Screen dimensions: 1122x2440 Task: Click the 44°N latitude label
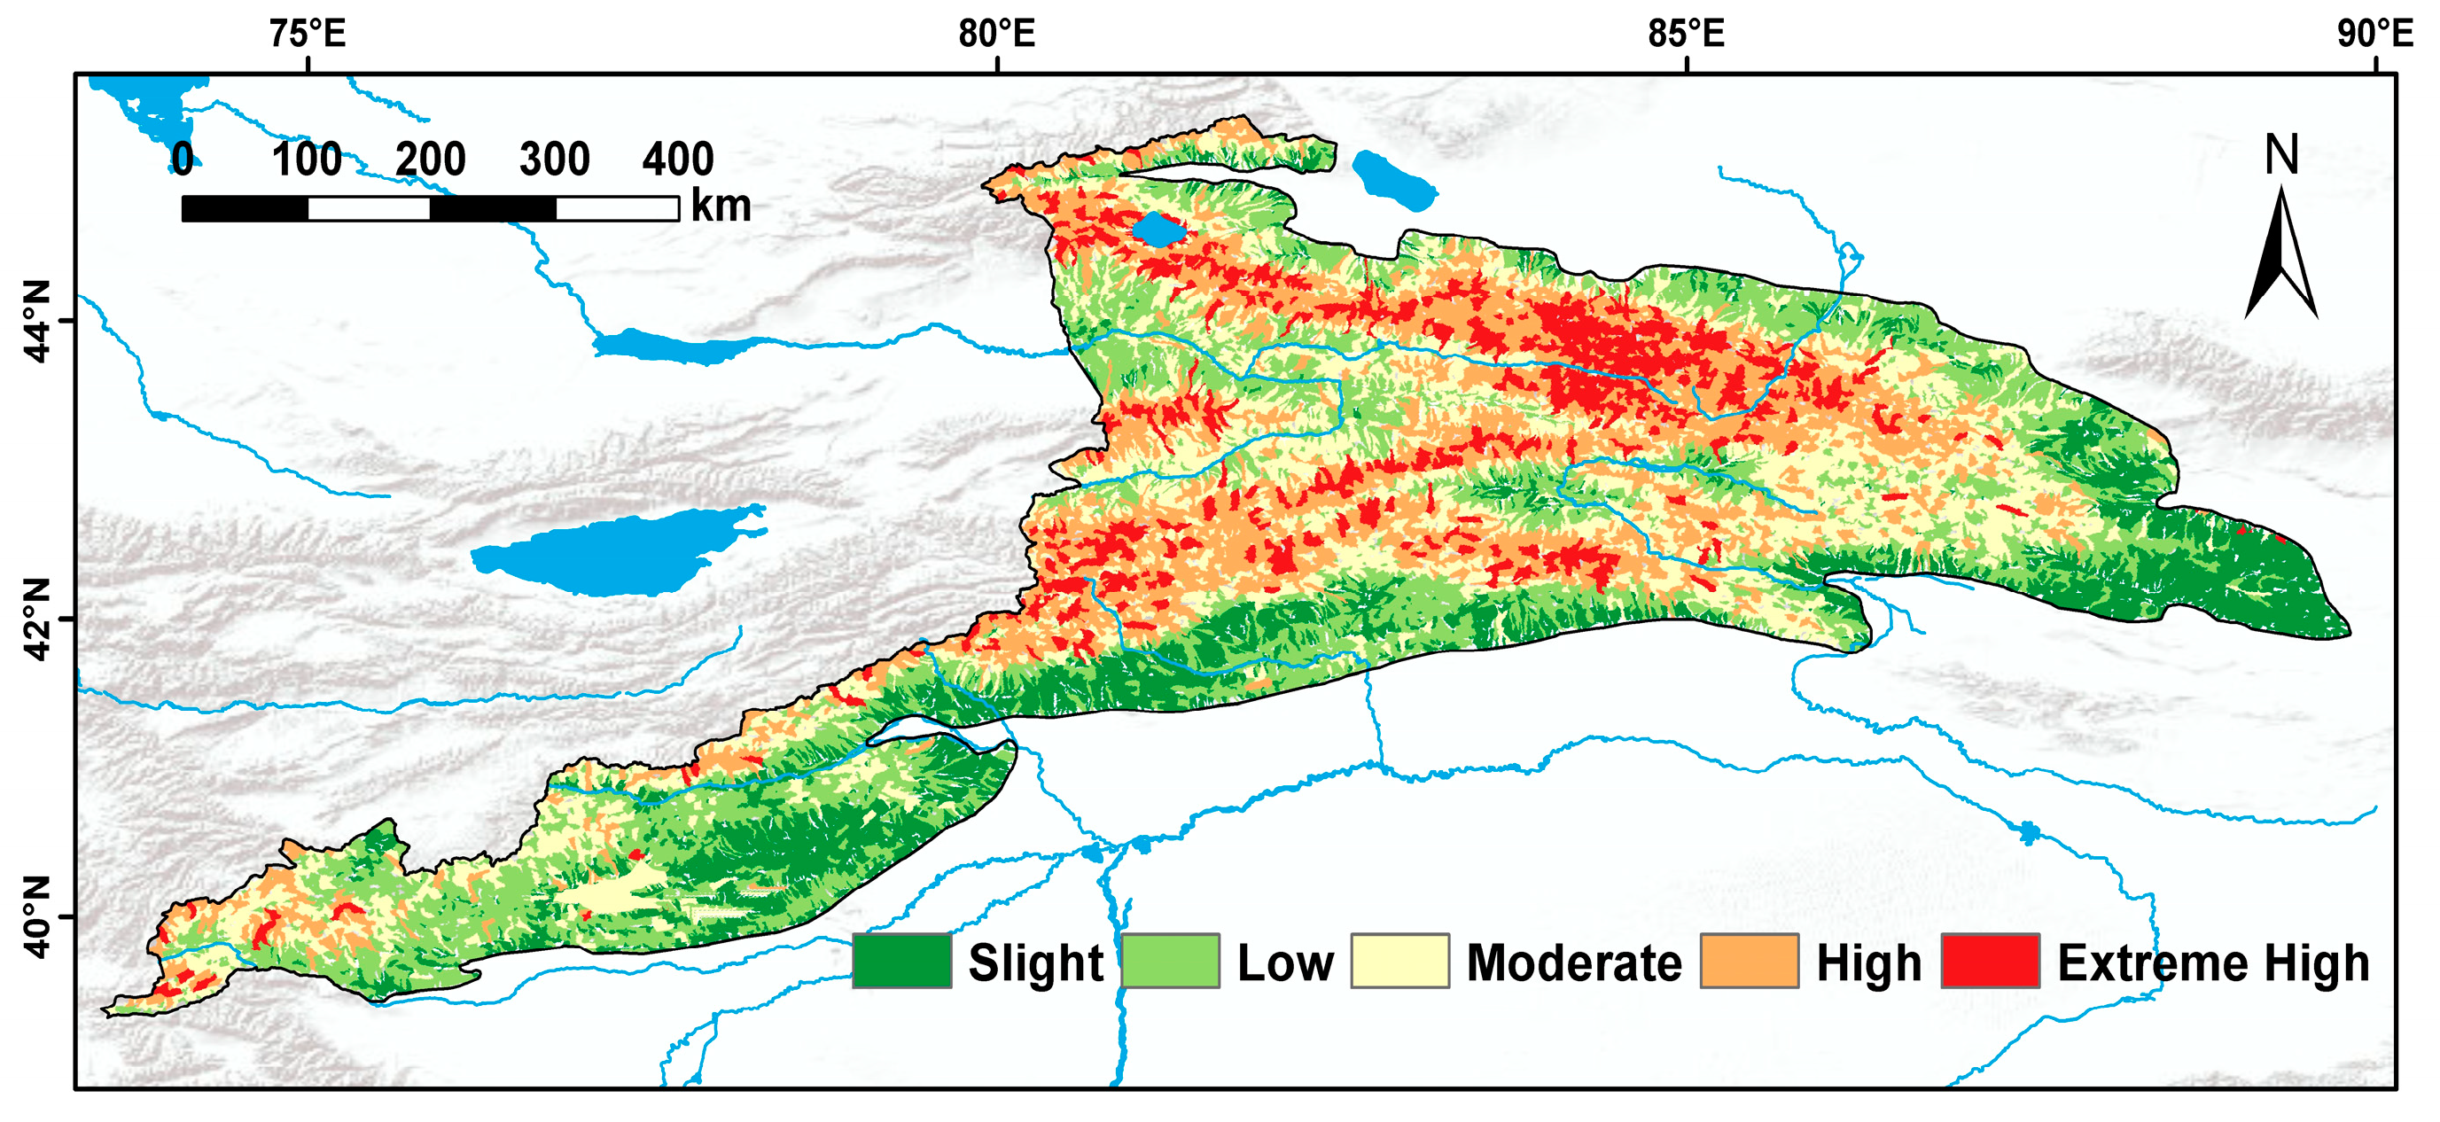(36, 321)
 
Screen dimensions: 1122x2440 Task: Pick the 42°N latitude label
(36, 619)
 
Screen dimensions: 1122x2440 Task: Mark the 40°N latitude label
(36, 916)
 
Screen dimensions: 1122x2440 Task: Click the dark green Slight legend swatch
(901, 961)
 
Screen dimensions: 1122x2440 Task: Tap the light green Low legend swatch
(1171, 961)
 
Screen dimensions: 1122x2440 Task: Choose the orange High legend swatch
(1749, 961)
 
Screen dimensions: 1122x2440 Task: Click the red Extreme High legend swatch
(1990, 961)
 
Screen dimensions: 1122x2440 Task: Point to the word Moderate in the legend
(1574, 963)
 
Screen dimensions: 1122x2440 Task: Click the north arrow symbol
(2280, 255)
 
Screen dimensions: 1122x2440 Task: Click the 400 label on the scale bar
(678, 159)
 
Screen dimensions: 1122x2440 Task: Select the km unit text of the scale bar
(721, 206)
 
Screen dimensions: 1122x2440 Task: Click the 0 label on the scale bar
(183, 159)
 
